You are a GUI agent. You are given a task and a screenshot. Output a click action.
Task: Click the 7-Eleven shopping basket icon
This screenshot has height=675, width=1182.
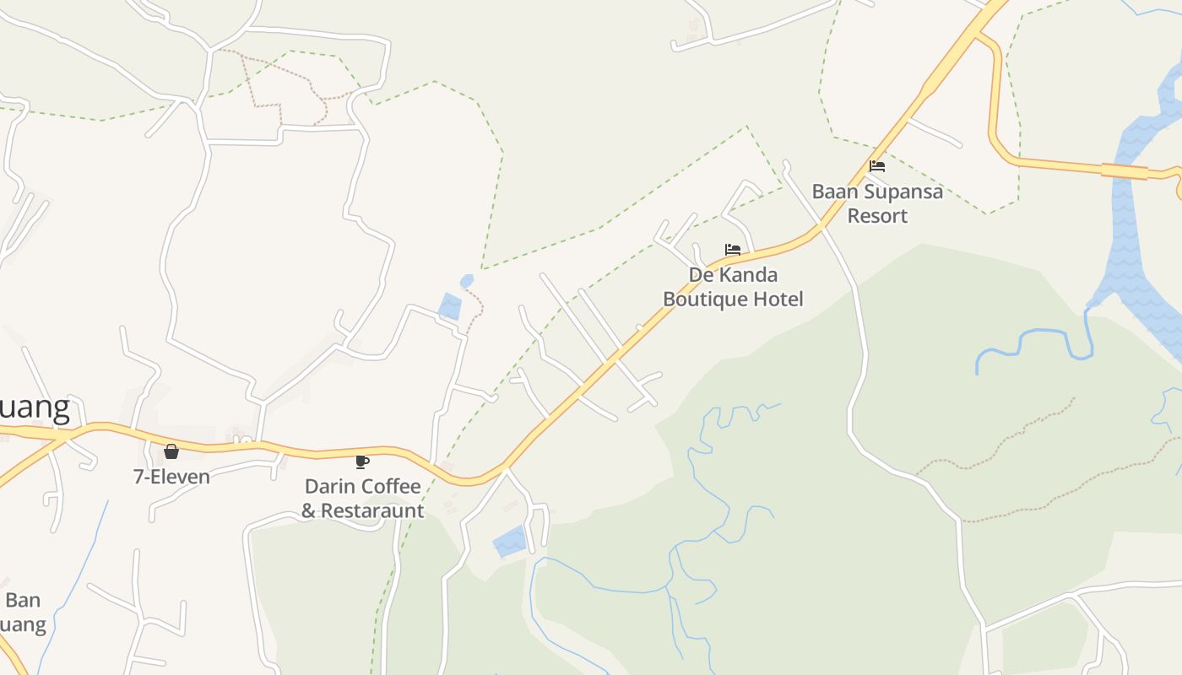pyautogui.click(x=171, y=451)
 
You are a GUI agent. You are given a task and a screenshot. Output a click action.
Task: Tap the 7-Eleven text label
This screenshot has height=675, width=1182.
pyautogui.click(x=171, y=477)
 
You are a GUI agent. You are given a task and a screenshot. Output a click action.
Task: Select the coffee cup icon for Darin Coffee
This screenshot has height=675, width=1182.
pyautogui.click(x=362, y=462)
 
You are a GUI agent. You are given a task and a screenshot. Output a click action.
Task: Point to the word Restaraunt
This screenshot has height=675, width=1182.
pyautogui.click(x=372, y=510)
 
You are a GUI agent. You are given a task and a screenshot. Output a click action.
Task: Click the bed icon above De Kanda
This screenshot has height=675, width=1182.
pyautogui.click(x=733, y=250)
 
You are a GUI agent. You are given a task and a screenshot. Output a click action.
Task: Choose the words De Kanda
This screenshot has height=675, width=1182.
pyautogui.click(x=733, y=275)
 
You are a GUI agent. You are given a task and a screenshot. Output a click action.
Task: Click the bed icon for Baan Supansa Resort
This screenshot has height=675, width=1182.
pyautogui.click(x=877, y=166)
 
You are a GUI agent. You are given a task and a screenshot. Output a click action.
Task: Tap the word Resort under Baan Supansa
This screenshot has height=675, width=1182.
pyautogui.click(x=877, y=216)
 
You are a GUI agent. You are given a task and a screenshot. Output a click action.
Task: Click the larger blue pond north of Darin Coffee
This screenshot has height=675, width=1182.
pyautogui.click(x=450, y=306)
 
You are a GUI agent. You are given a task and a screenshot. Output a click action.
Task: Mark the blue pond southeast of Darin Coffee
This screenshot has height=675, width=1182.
pyautogui.click(x=509, y=541)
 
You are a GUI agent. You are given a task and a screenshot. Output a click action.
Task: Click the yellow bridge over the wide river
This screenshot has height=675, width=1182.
pyautogui.click(x=1124, y=171)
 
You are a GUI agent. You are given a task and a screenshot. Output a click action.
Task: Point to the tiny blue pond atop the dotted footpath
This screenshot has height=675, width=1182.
pyautogui.click(x=467, y=280)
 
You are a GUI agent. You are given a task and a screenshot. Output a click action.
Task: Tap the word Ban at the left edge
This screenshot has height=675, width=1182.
pyautogui.click(x=23, y=601)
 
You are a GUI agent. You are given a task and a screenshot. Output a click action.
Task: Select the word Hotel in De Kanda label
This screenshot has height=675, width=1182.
pyautogui.click(x=780, y=299)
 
